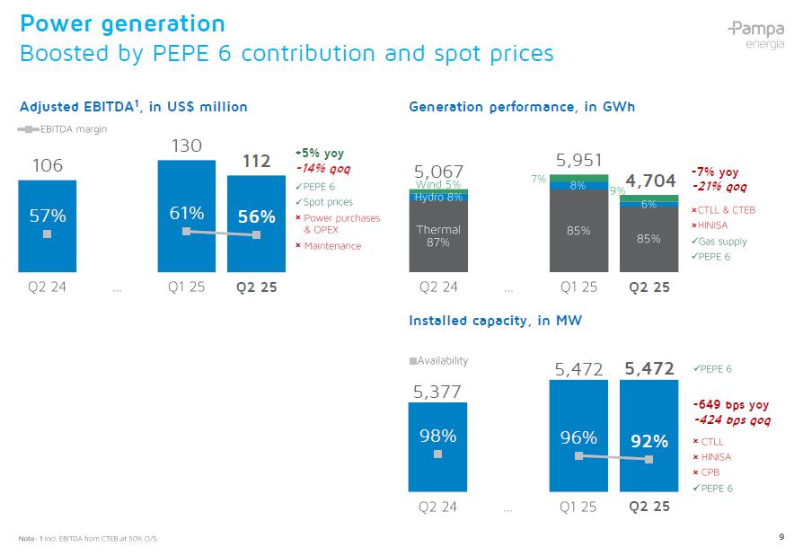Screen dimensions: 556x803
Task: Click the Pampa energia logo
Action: coord(756,34)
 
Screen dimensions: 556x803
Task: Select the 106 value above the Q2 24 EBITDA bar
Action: coord(48,165)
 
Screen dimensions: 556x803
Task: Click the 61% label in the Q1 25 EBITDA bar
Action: coord(187,213)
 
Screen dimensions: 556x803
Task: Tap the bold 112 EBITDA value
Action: coord(257,162)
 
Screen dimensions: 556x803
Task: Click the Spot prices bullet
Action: coord(328,202)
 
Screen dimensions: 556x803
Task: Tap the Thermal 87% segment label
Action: coord(437,235)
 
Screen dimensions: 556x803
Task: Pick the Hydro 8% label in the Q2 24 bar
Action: coord(438,197)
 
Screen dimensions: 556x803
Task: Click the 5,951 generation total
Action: coord(579,160)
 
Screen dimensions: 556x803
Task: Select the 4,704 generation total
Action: coord(651,181)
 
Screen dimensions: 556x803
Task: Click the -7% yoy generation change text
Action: coord(715,172)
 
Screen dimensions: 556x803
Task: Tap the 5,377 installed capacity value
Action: coord(437,392)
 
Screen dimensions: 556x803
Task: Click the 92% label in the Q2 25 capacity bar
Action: coord(649,441)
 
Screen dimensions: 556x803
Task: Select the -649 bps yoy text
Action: coord(729,405)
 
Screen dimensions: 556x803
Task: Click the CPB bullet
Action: coord(710,472)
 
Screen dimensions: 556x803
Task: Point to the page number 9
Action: coord(781,537)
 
